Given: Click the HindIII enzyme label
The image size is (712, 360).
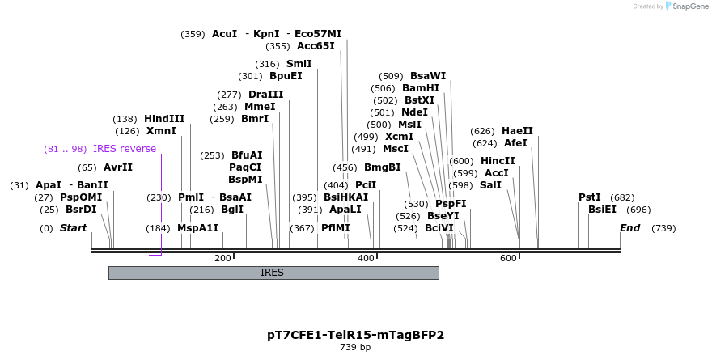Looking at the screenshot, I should (x=164, y=118).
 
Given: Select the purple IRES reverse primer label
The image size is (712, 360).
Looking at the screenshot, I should (x=125, y=149).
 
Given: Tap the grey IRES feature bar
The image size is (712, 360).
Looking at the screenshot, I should (x=273, y=273).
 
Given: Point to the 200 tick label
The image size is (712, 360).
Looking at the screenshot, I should (x=222, y=258).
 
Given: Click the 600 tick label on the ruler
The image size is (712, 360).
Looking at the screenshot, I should (x=508, y=258).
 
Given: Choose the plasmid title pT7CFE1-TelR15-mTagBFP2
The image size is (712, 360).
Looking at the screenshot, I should (x=355, y=334).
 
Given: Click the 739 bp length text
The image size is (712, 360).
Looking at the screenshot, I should (x=355, y=347).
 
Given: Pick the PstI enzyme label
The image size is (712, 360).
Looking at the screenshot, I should (x=590, y=197).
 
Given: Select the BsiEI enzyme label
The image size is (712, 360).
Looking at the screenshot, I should (x=604, y=210).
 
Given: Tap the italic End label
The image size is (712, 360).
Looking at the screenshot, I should (x=630, y=228).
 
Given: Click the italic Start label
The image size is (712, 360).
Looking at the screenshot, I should (x=73, y=228).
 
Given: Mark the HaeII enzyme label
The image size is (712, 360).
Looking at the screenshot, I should (x=517, y=131).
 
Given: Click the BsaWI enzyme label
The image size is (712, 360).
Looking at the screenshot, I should (x=428, y=76).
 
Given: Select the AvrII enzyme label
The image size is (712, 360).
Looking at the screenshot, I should (x=118, y=167).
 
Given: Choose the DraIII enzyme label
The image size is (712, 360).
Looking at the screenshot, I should (x=266, y=95).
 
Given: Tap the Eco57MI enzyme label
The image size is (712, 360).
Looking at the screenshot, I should (x=318, y=34).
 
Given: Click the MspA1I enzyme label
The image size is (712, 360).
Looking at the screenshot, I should (x=197, y=228).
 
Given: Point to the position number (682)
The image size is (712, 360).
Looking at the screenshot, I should (x=622, y=197).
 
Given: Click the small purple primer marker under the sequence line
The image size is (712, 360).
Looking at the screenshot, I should (x=155, y=256).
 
